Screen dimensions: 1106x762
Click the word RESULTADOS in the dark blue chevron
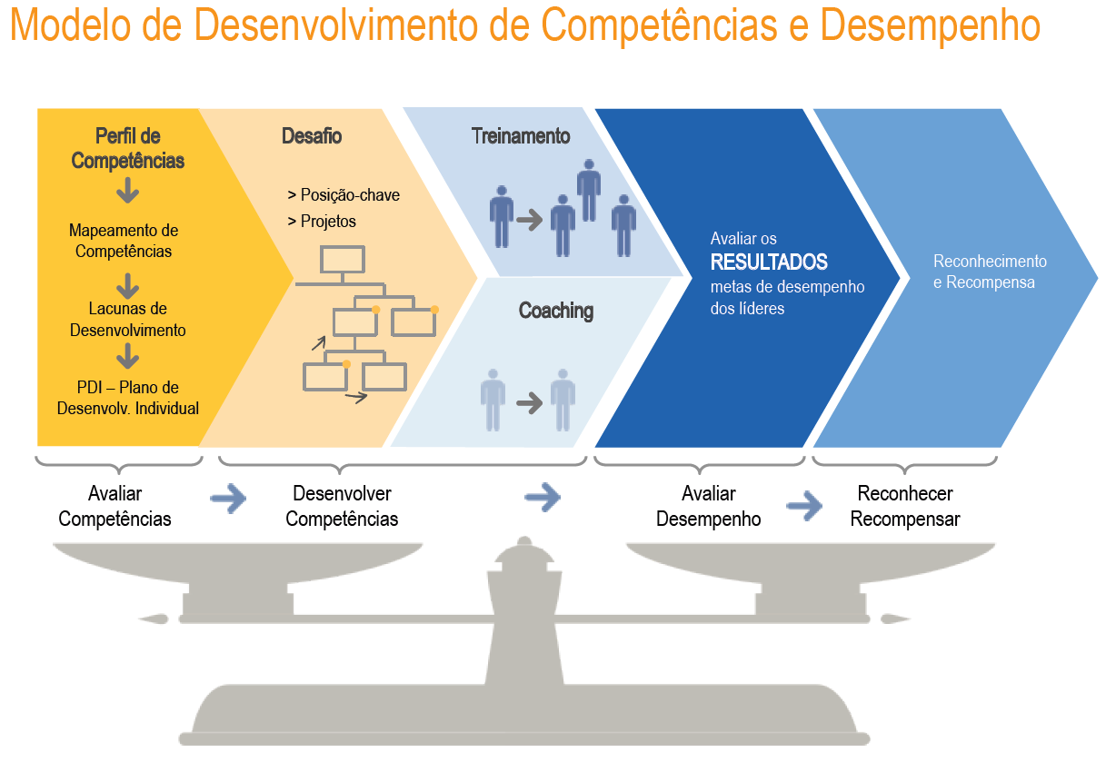pyautogui.click(x=769, y=262)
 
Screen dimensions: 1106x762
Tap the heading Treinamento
pyautogui.click(x=521, y=136)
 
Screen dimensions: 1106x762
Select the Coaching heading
pyautogui.click(x=556, y=311)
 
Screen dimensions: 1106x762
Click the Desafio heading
pyautogui.click(x=312, y=136)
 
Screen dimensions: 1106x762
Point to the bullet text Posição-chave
pyautogui.click(x=350, y=195)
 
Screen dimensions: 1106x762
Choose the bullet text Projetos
pyautogui.click(x=328, y=221)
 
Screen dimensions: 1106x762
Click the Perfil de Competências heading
pyautogui.click(x=128, y=148)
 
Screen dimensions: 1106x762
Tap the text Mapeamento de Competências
pyautogui.click(x=124, y=241)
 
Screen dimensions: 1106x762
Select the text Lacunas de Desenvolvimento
pyautogui.click(x=128, y=320)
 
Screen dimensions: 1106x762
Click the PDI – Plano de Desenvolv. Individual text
pyautogui.click(x=128, y=398)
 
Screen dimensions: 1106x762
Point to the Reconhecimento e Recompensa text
pyautogui.click(x=990, y=272)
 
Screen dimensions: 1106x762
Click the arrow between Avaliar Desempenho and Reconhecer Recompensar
pyautogui.click(x=804, y=505)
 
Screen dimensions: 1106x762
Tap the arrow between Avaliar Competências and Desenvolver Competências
pyautogui.click(x=228, y=499)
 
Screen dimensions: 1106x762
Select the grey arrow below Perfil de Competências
pyautogui.click(x=128, y=191)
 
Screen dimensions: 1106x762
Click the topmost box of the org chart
pyautogui.click(x=343, y=260)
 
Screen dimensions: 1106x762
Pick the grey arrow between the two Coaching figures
pyautogui.click(x=529, y=403)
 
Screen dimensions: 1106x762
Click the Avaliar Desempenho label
pyautogui.click(x=709, y=507)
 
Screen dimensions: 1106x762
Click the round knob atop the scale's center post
pyautogui.click(x=524, y=542)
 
